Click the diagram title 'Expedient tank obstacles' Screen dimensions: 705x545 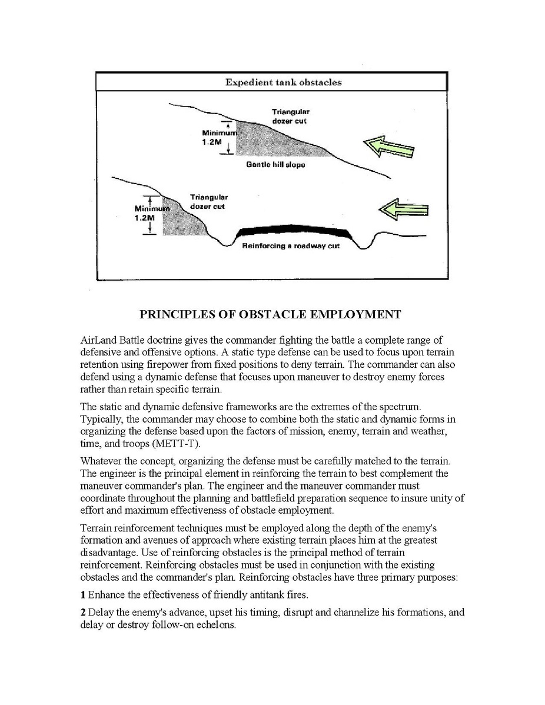click(283, 82)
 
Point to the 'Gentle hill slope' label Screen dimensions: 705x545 click(275, 165)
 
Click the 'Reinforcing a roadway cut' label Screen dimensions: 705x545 click(291, 246)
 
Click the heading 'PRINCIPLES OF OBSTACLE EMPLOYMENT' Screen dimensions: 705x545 click(270, 314)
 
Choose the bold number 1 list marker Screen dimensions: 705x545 click(83, 594)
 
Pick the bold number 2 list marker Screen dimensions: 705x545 click(83, 613)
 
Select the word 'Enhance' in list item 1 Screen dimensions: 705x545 click(107, 594)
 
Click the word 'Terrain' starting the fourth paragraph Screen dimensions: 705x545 click(97, 527)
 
